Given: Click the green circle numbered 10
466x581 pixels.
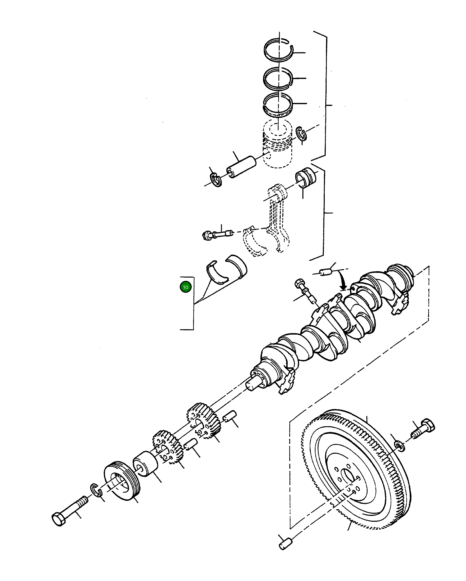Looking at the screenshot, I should [x=185, y=287].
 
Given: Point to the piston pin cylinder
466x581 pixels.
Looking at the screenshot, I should [x=242, y=167].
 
